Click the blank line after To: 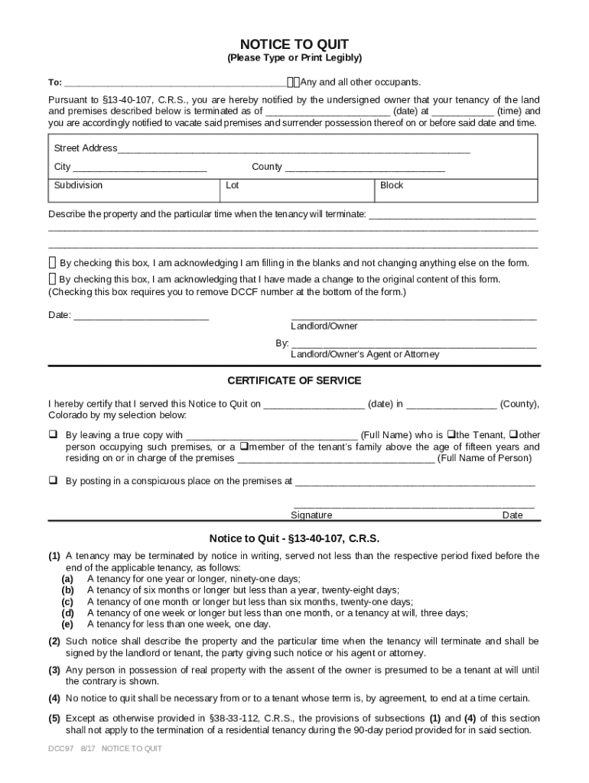click(x=175, y=83)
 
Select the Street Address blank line click(x=294, y=148)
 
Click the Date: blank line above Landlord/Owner click(x=141, y=315)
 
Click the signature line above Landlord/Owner click(x=413, y=315)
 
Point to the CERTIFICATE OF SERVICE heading click(x=294, y=381)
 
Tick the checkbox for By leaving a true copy click(x=54, y=434)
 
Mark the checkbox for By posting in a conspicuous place click(x=54, y=481)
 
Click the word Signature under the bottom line click(x=311, y=515)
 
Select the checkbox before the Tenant click(x=451, y=434)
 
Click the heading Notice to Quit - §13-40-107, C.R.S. click(x=294, y=538)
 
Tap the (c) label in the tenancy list click(x=68, y=602)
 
